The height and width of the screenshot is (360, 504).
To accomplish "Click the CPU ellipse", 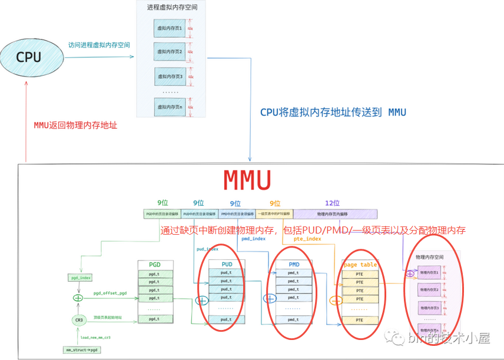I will click(29, 57).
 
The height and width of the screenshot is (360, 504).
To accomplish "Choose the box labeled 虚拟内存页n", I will click(170, 106).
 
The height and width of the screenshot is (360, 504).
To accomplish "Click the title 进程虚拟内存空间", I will click(172, 8).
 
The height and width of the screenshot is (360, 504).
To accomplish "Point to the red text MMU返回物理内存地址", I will click(75, 125).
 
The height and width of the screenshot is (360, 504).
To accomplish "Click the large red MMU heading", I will click(247, 181).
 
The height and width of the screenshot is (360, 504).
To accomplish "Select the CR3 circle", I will click(78, 321).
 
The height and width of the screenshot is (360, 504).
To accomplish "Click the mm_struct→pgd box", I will click(79, 350).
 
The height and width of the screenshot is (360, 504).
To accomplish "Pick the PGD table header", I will click(155, 265).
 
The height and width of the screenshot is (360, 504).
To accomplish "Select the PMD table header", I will click(294, 264).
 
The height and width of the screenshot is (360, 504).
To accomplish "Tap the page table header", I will click(360, 265).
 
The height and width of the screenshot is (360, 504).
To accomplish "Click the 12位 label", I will click(332, 203).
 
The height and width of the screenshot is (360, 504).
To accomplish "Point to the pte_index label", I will click(307, 239).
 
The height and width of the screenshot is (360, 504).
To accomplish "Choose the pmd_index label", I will click(254, 239).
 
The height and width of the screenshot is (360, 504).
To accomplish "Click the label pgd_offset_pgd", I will click(110, 293).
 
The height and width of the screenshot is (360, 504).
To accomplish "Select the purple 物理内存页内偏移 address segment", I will click(335, 214).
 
